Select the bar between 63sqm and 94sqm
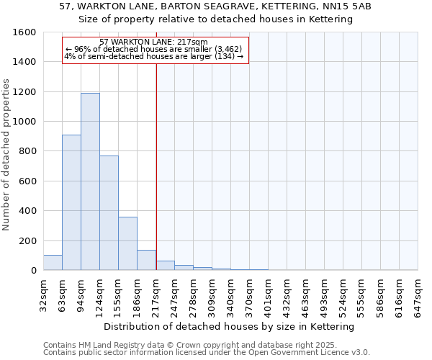(71, 202)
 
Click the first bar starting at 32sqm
(53, 263)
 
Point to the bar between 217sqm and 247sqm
(165, 266)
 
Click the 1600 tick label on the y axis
(24, 32)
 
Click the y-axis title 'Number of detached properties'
(6, 151)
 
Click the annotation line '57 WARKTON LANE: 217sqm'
(153, 42)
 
